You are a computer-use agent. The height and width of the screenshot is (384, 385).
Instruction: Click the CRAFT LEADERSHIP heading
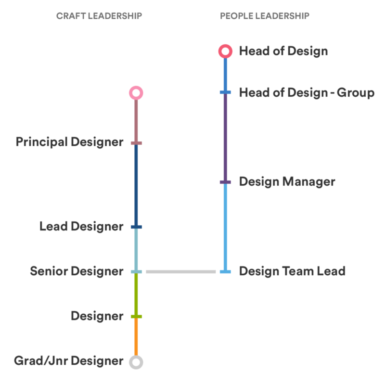click(x=99, y=16)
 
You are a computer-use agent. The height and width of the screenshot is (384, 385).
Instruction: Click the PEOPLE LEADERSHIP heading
click(x=264, y=16)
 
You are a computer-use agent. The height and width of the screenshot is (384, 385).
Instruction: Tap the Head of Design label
click(x=283, y=51)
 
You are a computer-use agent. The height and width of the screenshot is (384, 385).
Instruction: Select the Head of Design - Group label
click(x=306, y=92)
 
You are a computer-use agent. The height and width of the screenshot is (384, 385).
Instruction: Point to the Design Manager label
click(x=287, y=182)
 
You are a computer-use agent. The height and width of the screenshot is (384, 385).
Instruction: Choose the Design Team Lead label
click(x=292, y=271)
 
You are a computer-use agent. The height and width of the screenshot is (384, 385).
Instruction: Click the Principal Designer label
click(x=69, y=142)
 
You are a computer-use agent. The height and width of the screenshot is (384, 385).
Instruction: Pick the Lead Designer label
click(x=81, y=227)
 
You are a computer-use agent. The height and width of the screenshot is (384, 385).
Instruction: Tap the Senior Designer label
click(x=77, y=271)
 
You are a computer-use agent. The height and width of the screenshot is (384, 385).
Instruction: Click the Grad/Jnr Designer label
click(x=68, y=361)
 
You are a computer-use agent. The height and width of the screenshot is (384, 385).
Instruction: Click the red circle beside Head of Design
click(x=225, y=51)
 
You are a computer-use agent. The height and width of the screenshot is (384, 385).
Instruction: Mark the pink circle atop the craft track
click(x=136, y=92)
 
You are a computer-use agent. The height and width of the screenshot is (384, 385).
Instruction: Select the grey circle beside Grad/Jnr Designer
click(x=136, y=362)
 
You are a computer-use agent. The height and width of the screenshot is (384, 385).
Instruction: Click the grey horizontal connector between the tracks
click(x=180, y=272)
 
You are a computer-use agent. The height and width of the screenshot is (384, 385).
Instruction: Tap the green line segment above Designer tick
click(x=136, y=294)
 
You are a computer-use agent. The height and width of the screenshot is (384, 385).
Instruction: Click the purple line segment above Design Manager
click(x=225, y=137)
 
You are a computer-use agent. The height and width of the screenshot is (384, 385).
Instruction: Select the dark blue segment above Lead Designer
click(x=136, y=185)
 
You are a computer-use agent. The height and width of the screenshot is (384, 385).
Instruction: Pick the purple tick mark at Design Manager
click(x=225, y=182)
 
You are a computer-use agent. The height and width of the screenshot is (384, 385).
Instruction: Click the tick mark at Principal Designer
click(x=136, y=143)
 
